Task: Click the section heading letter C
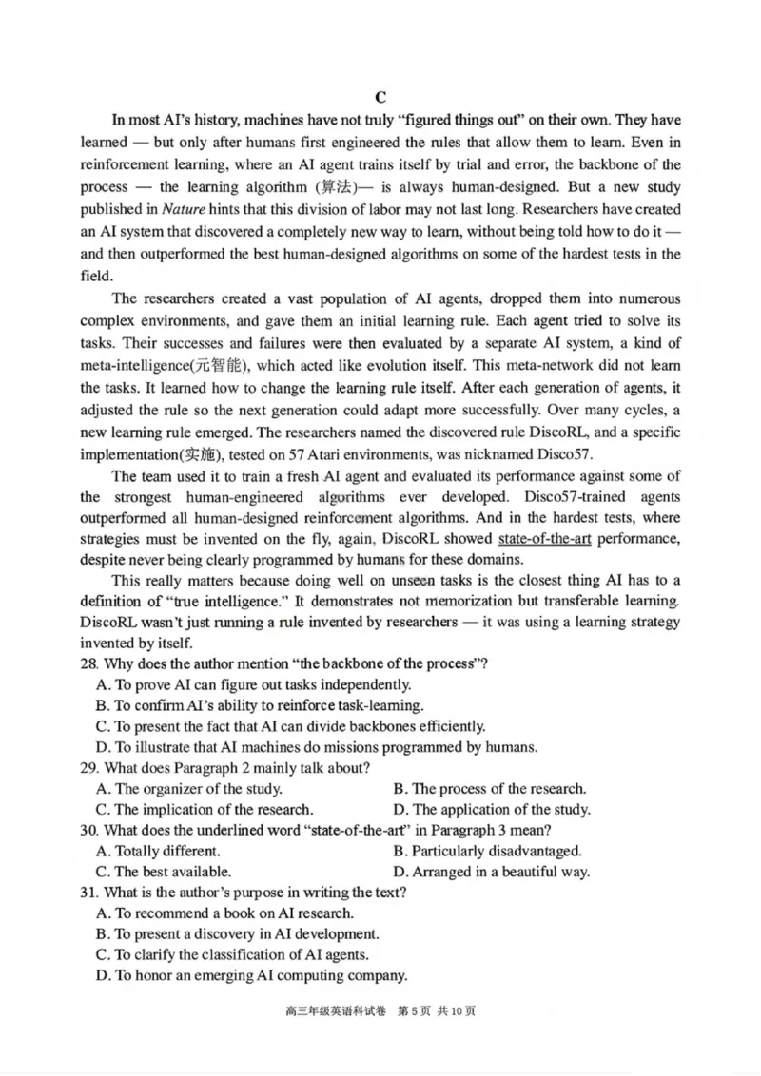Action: [x=380, y=96]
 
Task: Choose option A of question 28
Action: [x=253, y=684]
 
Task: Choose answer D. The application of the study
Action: [x=491, y=810]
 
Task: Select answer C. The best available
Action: [x=163, y=871]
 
